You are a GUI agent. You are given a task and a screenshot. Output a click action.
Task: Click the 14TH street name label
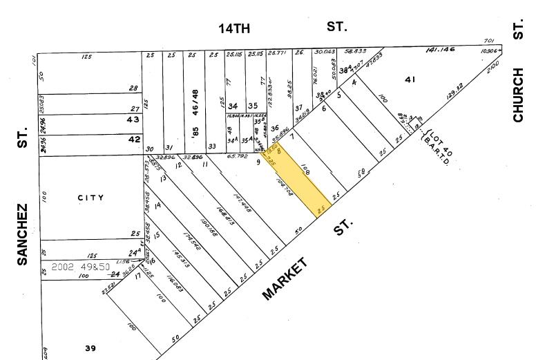coord(233,28)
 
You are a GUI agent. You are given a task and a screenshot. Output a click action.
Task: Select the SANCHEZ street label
coord(22,234)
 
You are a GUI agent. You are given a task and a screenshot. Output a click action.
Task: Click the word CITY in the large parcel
coord(90,198)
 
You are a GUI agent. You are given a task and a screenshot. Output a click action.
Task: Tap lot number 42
coord(133,138)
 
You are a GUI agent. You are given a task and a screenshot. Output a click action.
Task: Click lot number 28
coord(133,88)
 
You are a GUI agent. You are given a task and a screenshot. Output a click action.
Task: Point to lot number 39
coord(90,348)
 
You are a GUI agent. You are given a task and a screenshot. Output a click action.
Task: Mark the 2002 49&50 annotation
coord(82,266)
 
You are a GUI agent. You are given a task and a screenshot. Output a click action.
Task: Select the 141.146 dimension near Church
coord(460,50)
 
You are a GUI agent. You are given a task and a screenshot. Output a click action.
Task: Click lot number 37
coord(298,108)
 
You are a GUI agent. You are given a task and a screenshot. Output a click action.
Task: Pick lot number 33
coord(211,146)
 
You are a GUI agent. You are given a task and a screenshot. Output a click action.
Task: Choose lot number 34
coord(233,106)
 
